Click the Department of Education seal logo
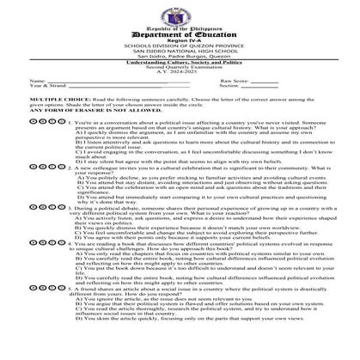179,11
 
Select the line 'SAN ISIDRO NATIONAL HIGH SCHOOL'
179,52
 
